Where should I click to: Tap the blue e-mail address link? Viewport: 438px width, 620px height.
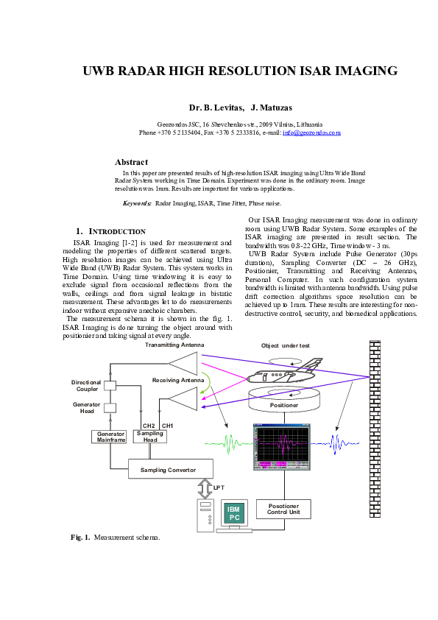click(x=314, y=133)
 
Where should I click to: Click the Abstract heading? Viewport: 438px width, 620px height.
click(x=132, y=161)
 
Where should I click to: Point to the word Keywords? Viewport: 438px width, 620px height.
click(x=137, y=202)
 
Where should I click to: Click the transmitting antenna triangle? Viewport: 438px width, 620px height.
click(x=184, y=362)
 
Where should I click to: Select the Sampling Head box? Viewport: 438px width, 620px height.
click(x=150, y=435)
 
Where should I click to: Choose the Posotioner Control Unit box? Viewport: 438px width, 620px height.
click(x=283, y=508)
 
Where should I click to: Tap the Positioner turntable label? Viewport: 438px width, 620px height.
click(x=283, y=404)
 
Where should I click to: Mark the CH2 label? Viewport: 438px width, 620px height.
click(x=149, y=426)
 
